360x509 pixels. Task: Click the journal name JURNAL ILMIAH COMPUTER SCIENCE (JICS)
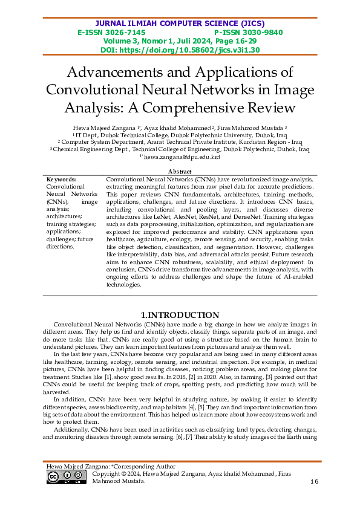pyautogui.click(x=180, y=23)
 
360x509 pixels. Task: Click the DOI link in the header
pyautogui.click(x=180, y=50)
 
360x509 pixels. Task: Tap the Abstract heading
pyautogui.click(x=180, y=172)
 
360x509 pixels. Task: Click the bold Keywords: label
pyautogui.click(x=61, y=180)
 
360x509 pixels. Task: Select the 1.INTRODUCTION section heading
pyautogui.click(x=180, y=315)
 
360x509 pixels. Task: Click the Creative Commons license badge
pyautogui.click(x=66, y=478)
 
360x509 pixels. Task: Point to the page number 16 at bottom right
pyautogui.click(x=313, y=481)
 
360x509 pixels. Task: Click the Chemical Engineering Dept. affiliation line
pyautogui.click(x=180, y=149)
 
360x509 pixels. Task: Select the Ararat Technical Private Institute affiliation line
pyautogui.click(x=180, y=143)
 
